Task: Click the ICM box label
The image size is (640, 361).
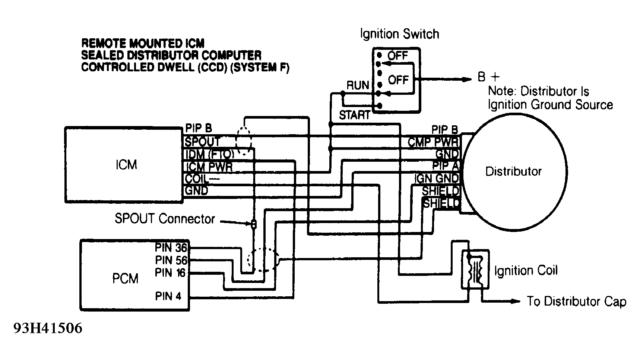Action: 126,165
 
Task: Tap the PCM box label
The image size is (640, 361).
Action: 125,278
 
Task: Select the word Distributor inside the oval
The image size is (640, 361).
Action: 513,171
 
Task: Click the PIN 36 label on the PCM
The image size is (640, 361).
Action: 171,248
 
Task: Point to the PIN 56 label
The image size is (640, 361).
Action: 171,260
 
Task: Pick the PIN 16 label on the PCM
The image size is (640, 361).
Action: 170,273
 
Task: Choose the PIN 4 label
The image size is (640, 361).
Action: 168,296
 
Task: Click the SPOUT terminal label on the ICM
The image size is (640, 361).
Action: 203,142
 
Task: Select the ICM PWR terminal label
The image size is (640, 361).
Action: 209,167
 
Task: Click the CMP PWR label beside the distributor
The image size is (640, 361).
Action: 434,142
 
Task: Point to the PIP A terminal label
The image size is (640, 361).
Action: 446,165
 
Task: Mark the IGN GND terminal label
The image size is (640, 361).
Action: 437,178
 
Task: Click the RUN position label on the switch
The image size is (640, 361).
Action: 358,85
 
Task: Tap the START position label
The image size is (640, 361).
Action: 354,115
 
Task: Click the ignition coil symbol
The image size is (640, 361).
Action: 475,270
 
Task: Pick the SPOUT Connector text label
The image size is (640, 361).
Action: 165,219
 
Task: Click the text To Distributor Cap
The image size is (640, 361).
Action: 576,301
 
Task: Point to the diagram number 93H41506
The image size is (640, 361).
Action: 48,329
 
